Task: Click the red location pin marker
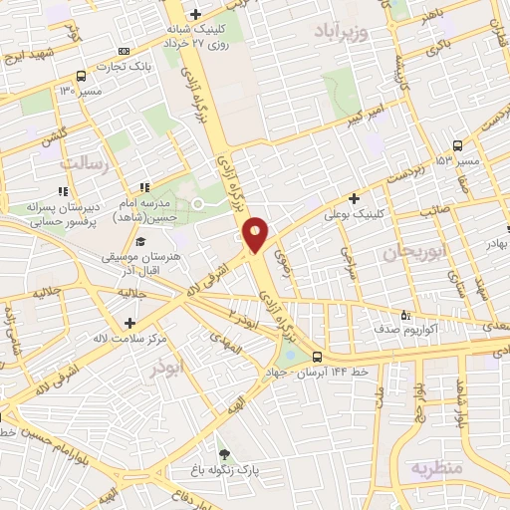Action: point(256,235)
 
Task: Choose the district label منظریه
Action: point(439,467)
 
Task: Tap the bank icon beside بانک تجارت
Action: point(124,51)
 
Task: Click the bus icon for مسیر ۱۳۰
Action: point(81,76)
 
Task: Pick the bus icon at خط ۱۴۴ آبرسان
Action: point(317,357)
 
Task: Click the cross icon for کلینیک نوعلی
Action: point(354,198)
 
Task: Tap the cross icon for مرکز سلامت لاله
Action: point(129,323)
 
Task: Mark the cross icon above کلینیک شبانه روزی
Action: point(196,14)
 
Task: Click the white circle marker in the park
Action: point(197,204)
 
